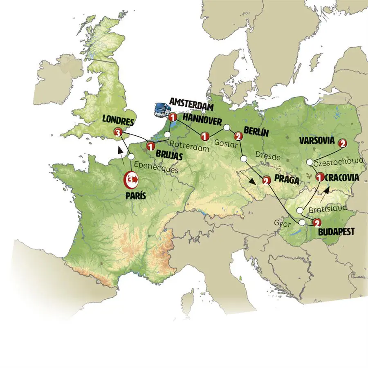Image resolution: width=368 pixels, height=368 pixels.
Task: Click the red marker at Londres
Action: pos(118,132)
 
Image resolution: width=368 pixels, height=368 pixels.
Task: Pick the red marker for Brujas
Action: pos(150,145)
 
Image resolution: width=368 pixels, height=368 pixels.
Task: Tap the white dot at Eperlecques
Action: pos(131,157)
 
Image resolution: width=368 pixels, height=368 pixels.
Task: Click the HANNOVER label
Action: pos(202,118)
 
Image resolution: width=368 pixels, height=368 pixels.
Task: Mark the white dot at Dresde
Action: pos(244,159)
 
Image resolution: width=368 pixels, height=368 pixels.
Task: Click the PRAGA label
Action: pos(287,180)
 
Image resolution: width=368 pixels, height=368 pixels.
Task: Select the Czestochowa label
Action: pos(338,162)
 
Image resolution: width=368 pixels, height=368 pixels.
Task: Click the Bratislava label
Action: pos(328,209)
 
